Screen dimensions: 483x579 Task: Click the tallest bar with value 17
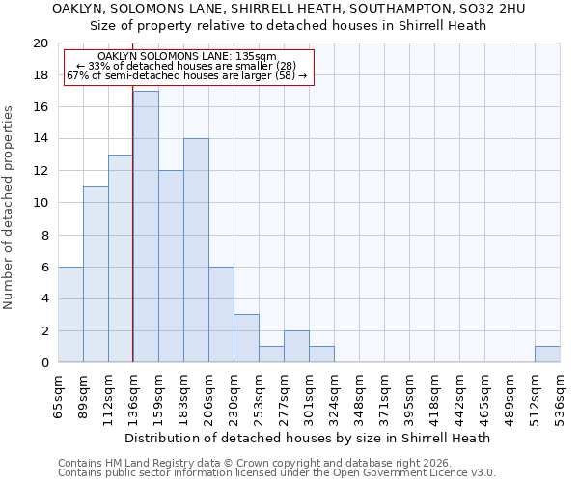coord(146,227)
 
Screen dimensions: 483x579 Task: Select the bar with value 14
coord(196,251)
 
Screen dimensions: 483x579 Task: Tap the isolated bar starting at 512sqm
coord(547,355)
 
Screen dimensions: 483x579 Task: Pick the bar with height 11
coord(96,274)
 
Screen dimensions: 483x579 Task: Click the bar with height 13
coord(121,259)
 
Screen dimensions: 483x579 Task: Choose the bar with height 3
coord(246,338)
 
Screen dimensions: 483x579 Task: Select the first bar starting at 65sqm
coord(70,314)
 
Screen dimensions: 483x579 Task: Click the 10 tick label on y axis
coord(40,203)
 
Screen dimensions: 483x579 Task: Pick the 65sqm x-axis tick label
coord(59,392)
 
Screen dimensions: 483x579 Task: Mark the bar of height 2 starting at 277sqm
coord(296,346)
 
